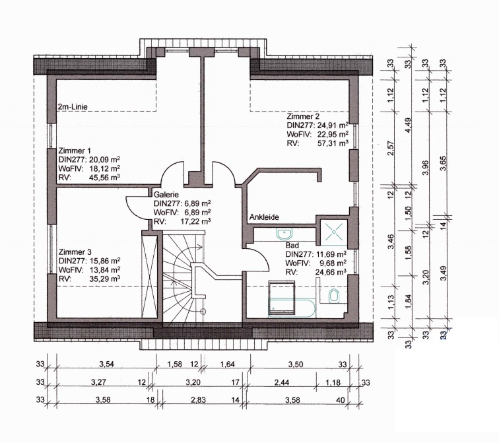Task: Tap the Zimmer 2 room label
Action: point(303,116)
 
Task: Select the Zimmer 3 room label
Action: point(75,252)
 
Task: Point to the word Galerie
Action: point(166,195)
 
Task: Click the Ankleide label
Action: point(264,217)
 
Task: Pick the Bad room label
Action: point(292,246)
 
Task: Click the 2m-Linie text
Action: point(73,106)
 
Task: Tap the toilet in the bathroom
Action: point(333,296)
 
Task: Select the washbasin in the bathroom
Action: point(284,234)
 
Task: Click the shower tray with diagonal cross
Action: point(334,232)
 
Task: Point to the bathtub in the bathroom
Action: point(292,308)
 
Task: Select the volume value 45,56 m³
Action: point(104,177)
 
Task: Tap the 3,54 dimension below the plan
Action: point(107,364)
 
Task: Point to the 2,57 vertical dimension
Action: point(391,149)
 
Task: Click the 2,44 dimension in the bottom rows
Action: point(282,382)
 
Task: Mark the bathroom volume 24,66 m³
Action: point(331,272)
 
